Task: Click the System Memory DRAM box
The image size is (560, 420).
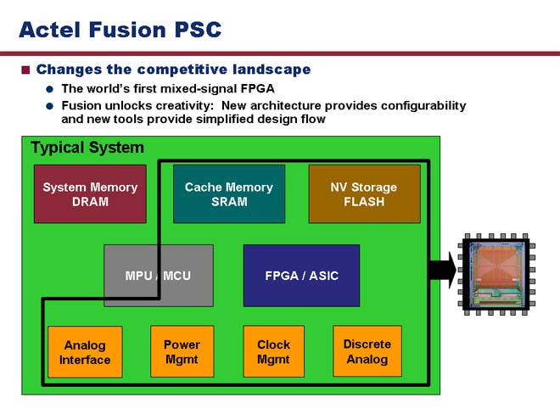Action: (x=90, y=194)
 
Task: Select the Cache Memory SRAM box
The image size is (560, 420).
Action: (x=229, y=194)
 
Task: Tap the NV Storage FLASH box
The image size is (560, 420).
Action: (x=364, y=194)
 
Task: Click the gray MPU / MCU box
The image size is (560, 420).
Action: (x=159, y=276)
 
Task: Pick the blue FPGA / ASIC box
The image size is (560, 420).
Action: (x=301, y=276)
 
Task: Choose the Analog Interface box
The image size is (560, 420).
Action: (x=85, y=352)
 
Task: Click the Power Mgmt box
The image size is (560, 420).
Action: (x=182, y=351)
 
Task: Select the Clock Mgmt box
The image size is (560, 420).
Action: (x=273, y=351)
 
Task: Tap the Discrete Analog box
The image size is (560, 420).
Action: (x=367, y=351)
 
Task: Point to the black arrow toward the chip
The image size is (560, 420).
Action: (x=443, y=270)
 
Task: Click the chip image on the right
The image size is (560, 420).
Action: (x=496, y=274)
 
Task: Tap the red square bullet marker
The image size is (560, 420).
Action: (x=25, y=70)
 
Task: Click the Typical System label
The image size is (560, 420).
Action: (x=87, y=148)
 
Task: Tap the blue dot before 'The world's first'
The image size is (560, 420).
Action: (x=50, y=89)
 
